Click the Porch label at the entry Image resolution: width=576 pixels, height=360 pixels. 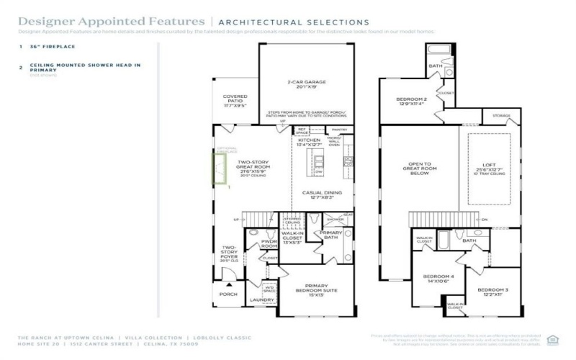point(228,294)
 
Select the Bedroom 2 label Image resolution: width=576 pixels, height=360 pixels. point(412,101)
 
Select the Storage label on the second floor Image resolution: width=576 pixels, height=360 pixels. point(501,116)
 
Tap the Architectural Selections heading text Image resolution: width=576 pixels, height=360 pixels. point(293,23)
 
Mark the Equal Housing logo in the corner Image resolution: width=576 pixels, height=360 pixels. point(552,340)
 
